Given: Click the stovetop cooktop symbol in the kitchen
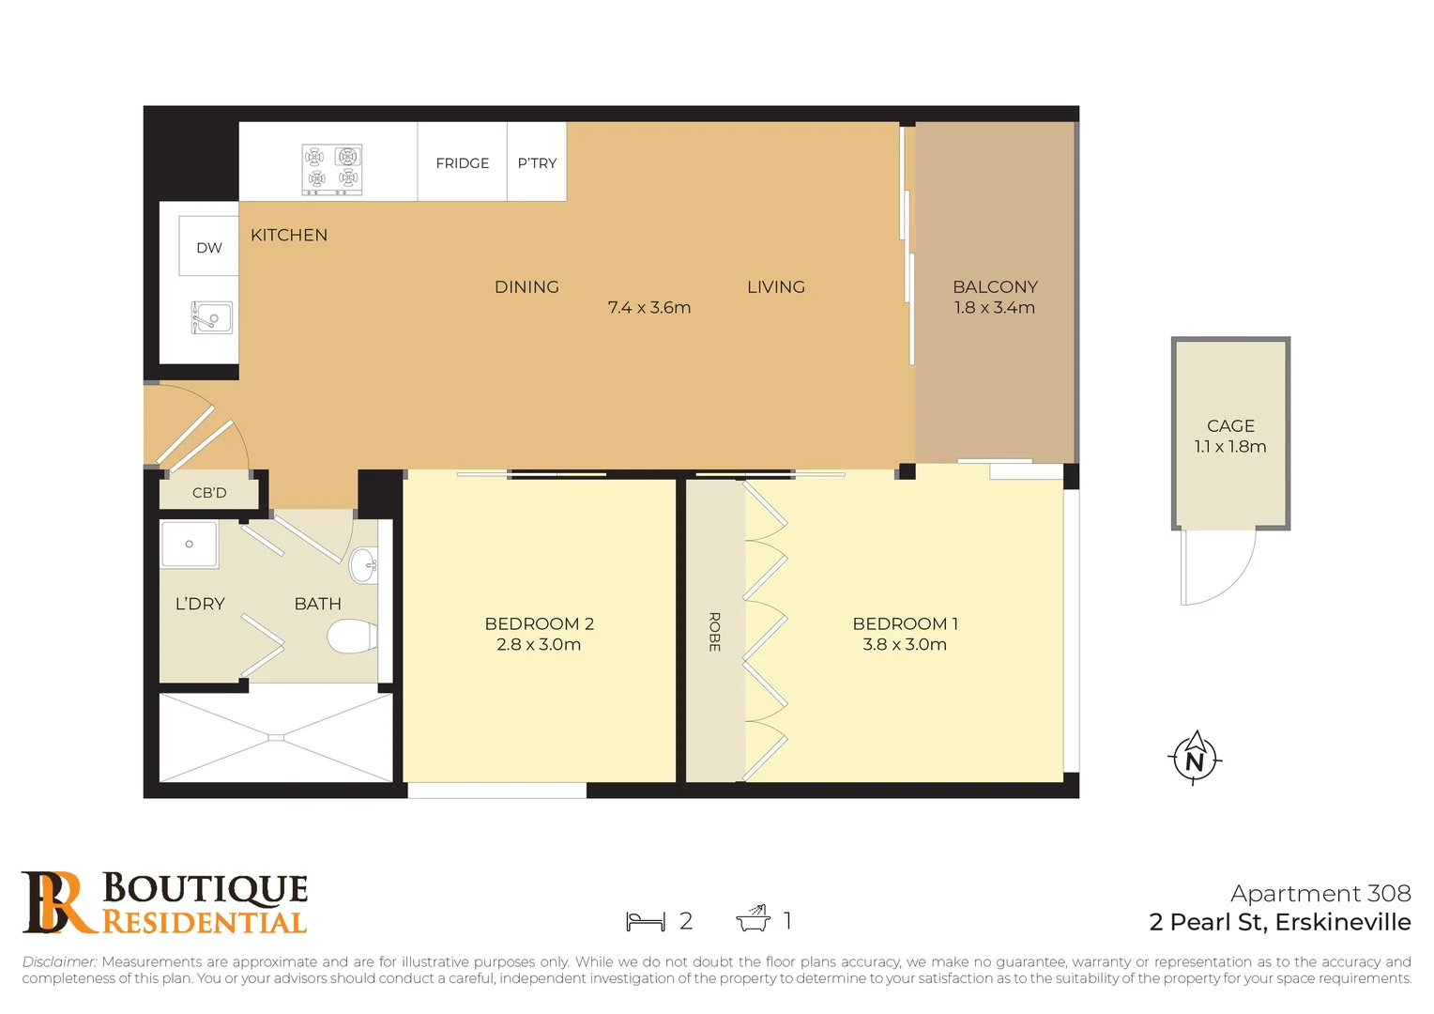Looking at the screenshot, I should (x=332, y=169).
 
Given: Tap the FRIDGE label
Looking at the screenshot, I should (x=462, y=163).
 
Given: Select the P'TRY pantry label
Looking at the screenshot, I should (x=537, y=163).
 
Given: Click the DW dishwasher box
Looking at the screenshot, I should (x=208, y=247).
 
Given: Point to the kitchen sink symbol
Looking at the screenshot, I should (x=212, y=318).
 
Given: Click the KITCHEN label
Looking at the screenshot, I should (x=289, y=235).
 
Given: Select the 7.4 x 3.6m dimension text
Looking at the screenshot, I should (x=648, y=308).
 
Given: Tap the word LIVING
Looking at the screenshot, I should (x=775, y=287).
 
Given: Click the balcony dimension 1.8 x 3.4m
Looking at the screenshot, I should (x=994, y=308).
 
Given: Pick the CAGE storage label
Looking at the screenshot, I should (x=1230, y=426).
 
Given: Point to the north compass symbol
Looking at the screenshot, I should (x=1194, y=758).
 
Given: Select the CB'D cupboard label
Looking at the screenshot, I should (x=209, y=493).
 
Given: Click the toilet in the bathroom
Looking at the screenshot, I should (x=351, y=636).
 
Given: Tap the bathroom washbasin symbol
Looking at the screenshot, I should (x=364, y=564).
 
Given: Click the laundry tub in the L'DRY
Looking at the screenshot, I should (x=190, y=545).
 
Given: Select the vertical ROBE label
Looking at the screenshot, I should (x=714, y=632).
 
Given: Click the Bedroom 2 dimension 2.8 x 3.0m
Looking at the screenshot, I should (x=539, y=645).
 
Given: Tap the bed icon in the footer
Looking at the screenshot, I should (x=645, y=921).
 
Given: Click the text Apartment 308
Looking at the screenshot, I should (x=1320, y=894).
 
